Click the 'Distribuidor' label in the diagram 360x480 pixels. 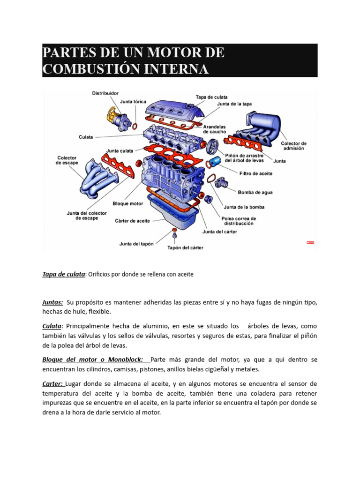[105, 93]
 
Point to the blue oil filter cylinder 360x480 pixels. [214, 162]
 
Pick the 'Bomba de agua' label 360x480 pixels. [255, 192]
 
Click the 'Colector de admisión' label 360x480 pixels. [293, 145]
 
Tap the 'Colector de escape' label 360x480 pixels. [67, 160]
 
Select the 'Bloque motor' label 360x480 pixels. [127, 204]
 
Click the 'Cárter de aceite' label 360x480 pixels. [133, 221]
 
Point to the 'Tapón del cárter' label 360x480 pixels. [186, 247]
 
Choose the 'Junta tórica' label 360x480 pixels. [133, 102]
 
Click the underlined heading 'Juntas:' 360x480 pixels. [52, 303]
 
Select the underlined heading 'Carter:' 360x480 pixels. [52, 384]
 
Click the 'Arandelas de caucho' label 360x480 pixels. [214, 129]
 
